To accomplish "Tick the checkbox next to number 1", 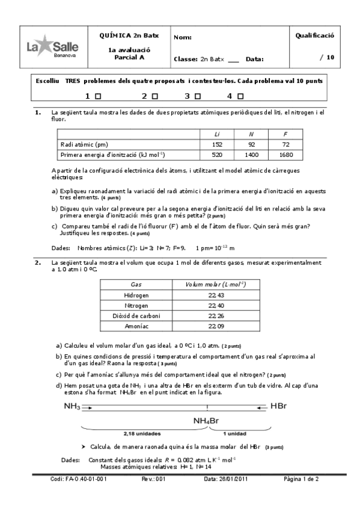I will click(98, 96).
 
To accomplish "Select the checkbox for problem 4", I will click(240, 96).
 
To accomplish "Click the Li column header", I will click(217, 134).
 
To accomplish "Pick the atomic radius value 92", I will click(251, 144).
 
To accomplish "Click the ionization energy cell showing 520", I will click(217, 155).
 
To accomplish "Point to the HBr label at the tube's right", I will click(279, 407).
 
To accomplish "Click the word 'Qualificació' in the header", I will click(314, 36).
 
